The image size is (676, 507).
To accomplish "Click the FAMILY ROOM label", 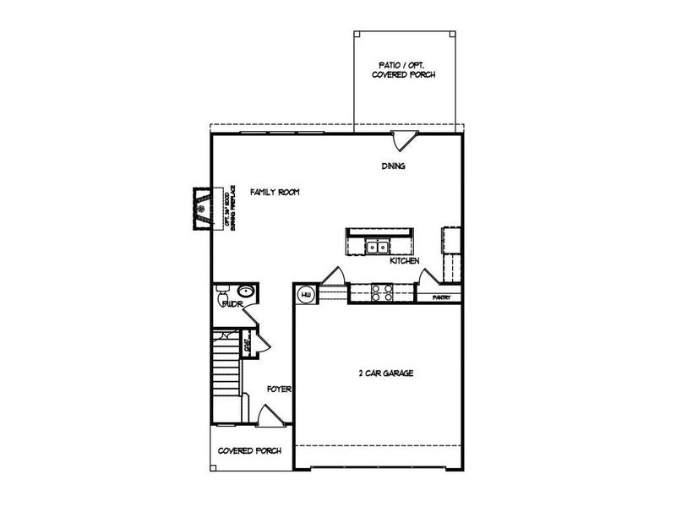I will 275,193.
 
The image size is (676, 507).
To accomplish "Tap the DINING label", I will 393,166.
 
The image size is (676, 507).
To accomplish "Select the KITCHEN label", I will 405,261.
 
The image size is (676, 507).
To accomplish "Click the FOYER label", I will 279,390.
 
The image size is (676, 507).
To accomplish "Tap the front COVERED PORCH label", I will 250,451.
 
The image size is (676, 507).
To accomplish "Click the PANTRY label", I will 440,297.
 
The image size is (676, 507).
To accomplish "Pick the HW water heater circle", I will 304,294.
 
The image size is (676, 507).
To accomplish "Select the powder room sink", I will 251,293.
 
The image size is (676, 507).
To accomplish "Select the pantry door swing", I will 428,276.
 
